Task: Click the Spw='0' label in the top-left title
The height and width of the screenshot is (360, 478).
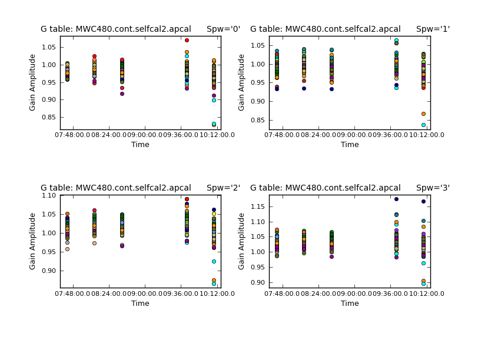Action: point(220,29)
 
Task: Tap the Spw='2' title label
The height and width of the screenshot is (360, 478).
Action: point(220,188)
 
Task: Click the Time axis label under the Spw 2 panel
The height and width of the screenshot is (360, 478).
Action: point(140,304)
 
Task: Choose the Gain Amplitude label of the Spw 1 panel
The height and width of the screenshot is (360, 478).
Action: point(242,82)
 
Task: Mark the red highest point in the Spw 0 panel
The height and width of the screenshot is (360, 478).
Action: point(187,40)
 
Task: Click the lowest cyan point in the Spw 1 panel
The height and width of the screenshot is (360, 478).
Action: point(423,125)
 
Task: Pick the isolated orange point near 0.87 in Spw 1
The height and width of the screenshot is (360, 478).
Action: point(423,114)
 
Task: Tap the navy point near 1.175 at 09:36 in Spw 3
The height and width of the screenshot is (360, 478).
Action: point(396,199)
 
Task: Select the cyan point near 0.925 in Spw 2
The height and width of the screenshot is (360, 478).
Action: point(214,261)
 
